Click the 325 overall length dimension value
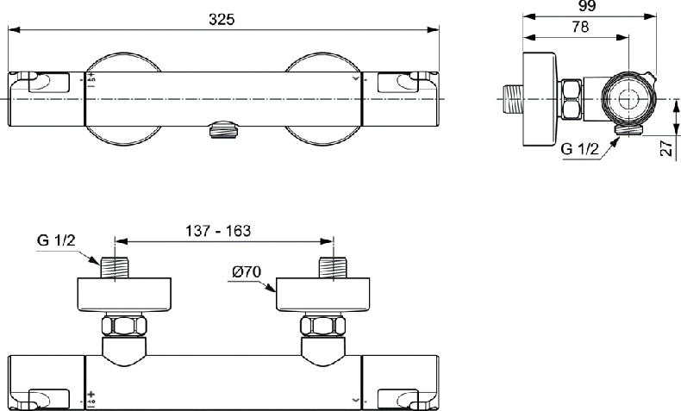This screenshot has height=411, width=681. click(222, 19)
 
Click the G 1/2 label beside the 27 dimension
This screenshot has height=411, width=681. click(580, 149)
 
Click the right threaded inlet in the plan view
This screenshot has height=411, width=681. click(332, 266)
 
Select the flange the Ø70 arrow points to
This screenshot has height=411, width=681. click(326, 296)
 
